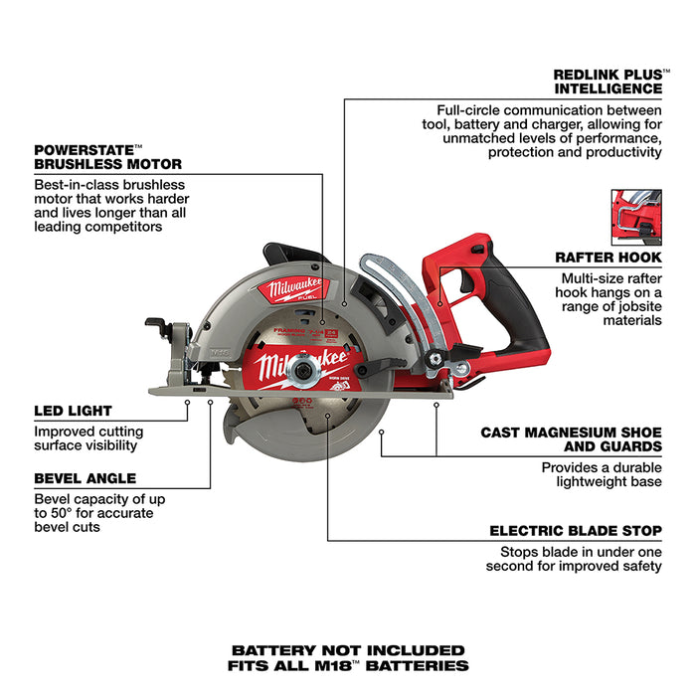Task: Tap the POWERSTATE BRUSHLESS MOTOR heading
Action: pyautogui.click(x=108, y=156)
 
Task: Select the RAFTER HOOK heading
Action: pyautogui.click(x=609, y=258)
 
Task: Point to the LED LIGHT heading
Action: pyautogui.click(x=73, y=410)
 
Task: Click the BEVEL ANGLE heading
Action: pyautogui.click(x=85, y=478)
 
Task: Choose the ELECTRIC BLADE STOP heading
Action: pyautogui.click(x=576, y=531)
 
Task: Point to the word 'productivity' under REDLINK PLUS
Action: pyautogui.click(x=616, y=152)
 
